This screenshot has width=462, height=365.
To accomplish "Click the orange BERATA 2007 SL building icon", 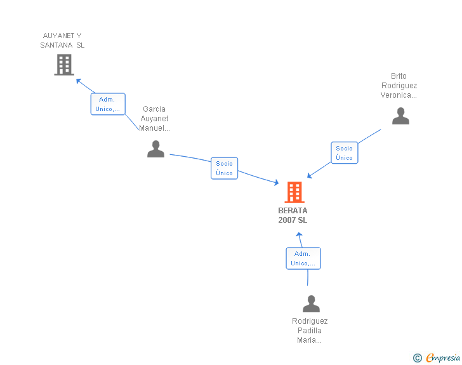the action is click(x=294, y=192).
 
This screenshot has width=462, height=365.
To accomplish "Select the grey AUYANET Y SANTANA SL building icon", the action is click(x=64, y=65).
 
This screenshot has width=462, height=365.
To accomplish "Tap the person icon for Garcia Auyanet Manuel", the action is click(x=155, y=149).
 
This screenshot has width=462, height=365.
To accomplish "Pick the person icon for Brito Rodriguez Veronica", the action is click(x=400, y=116).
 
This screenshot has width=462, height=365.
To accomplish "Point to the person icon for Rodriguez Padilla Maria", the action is click(x=311, y=303).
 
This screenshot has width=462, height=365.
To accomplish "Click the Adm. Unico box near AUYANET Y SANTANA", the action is click(x=108, y=104).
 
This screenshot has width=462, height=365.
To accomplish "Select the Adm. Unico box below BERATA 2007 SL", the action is click(x=303, y=258).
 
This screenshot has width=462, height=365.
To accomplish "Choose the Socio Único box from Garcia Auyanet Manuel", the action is click(x=224, y=168).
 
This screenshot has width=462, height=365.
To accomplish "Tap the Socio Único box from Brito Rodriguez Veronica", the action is click(x=344, y=153).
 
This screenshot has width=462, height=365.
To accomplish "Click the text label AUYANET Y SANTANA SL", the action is click(x=62, y=41).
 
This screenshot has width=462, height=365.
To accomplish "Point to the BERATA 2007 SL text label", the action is click(x=293, y=215).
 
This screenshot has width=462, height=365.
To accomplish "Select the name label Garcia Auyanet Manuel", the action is click(x=154, y=119).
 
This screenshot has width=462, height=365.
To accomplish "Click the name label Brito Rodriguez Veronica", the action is click(x=399, y=86).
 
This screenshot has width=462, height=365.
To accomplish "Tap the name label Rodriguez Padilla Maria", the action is click(x=310, y=331).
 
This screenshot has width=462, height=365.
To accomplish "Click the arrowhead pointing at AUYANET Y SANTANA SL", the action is click(x=79, y=81).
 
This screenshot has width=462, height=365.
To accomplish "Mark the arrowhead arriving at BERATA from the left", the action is click(x=276, y=183).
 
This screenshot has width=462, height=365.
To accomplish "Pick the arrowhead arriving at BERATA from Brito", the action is click(x=310, y=176).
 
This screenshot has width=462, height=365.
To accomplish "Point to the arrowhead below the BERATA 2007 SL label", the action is click(x=299, y=235).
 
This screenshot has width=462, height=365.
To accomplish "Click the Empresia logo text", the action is click(x=443, y=357).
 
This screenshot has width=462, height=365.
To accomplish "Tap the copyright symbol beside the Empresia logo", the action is click(x=418, y=358).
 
